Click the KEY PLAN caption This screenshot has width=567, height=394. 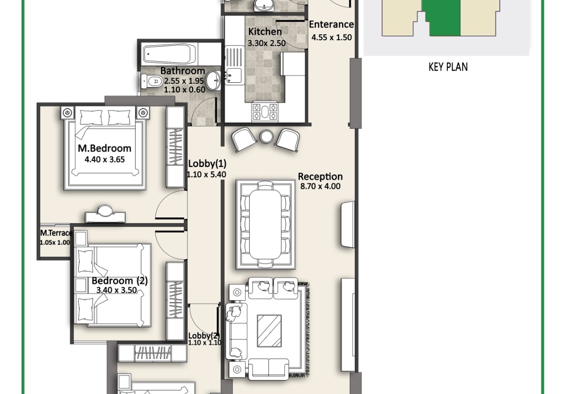pyautogui.click(x=448, y=67)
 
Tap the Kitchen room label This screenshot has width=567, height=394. pyautogui.click(x=265, y=32)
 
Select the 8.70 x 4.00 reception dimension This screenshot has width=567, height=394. pyautogui.click(x=320, y=187)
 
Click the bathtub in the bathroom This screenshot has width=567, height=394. pyautogui.click(x=169, y=54)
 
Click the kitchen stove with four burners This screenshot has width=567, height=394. pyautogui.click(x=265, y=111)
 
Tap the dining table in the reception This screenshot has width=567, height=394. pyautogui.click(x=265, y=224)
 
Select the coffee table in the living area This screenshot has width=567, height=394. pyautogui.click(x=269, y=331)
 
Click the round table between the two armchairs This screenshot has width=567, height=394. pyautogui.click(x=266, y=137)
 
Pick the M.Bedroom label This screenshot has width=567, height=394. pyautogui.click(x=104, y=148)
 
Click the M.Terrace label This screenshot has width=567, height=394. pyautogui.click(x=56, y=233)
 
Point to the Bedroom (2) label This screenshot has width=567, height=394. pyautogui.click(x=120, y=281)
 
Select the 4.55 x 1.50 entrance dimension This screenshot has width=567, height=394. pyautogui.click(x=331, y=37)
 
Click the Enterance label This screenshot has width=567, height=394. pyautogui.click(x=331, y=24)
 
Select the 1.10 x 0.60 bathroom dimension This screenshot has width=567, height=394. pyautogui.click(x=184, y=89)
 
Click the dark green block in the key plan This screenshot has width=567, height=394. pyautogui.click(x=442, y=18)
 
